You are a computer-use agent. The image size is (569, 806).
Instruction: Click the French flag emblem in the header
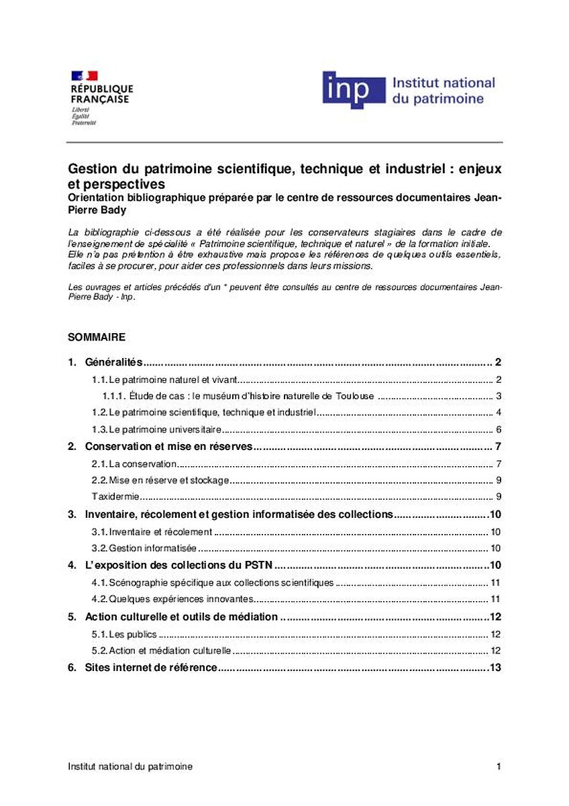(x=84, y=75)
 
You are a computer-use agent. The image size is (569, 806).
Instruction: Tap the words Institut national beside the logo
(x=443, y=83)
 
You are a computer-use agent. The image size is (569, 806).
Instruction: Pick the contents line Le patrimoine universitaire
(x=156, y=430)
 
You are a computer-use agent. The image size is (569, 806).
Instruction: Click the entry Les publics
(x=124, y=633)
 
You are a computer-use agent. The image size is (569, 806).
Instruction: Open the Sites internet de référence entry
(x=151, y=668)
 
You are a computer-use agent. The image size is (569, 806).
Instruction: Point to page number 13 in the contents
(x=496, y=668)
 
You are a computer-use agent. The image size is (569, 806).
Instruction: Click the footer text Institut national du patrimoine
(x=130, y=766)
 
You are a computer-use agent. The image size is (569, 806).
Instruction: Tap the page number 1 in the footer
(x=499, y=766)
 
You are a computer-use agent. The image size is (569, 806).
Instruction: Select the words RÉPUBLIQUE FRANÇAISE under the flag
(x=102, y=94)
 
